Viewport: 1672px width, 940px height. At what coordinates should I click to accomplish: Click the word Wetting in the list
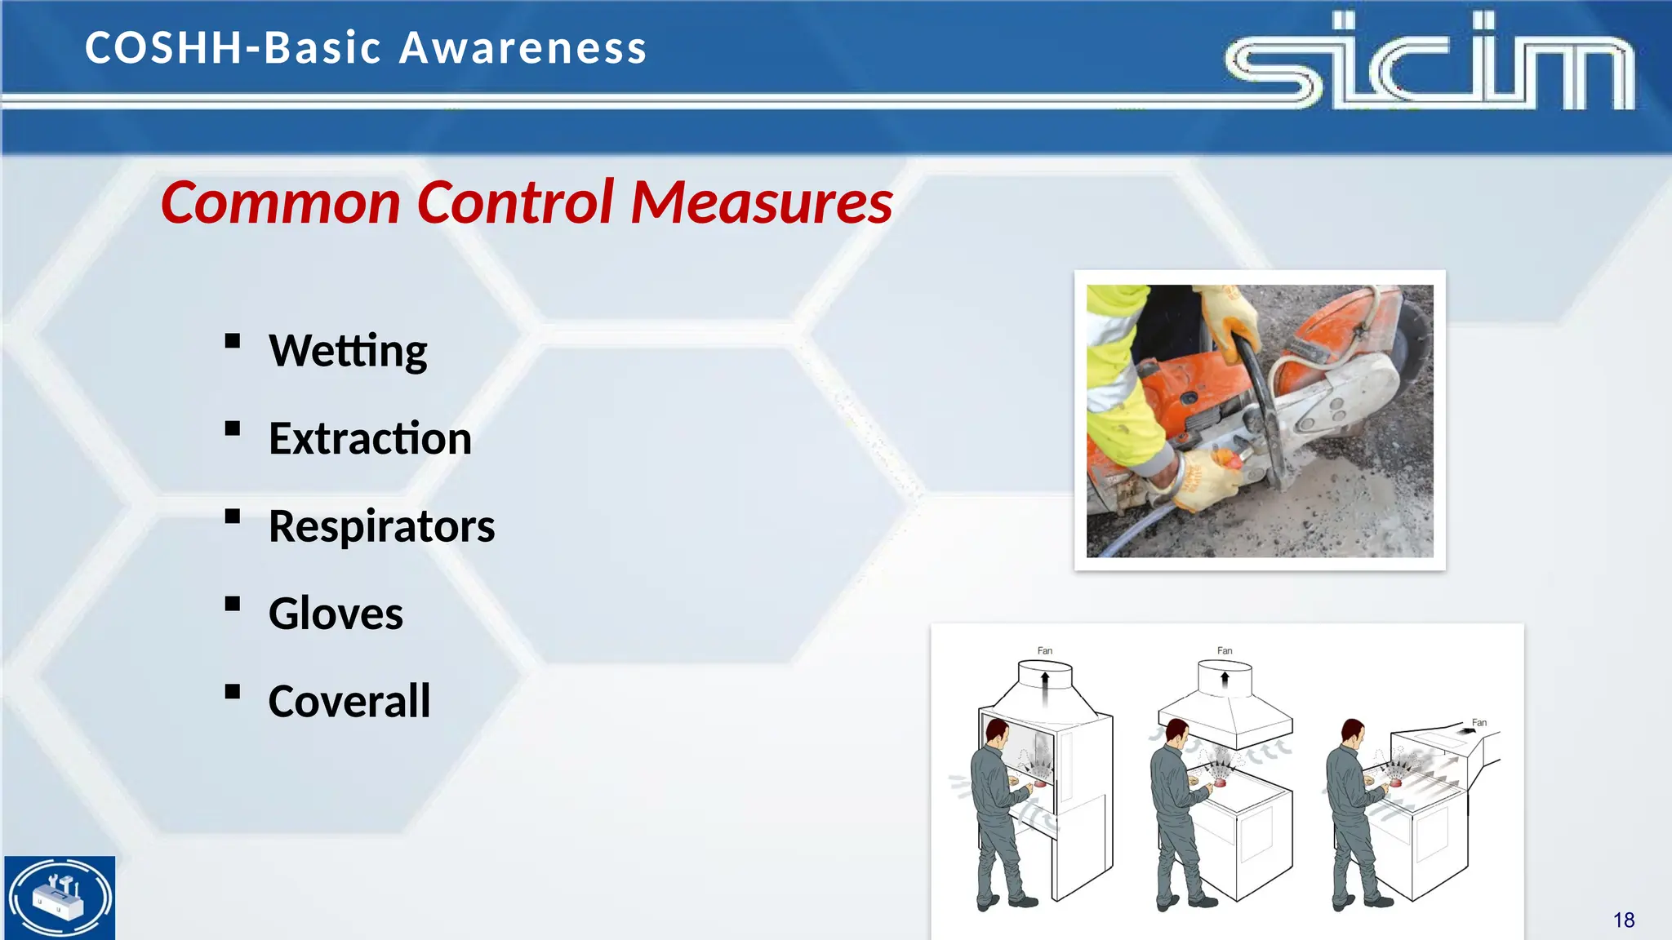[x=348, y=351]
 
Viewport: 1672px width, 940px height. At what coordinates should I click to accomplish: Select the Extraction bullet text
[x=370, y=439]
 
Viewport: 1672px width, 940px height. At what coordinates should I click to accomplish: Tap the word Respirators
[x=381, y=526]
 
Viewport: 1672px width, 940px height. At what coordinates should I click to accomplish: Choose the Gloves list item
[x=336, y=614]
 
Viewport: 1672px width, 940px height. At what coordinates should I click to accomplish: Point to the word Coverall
[x=349, y=701]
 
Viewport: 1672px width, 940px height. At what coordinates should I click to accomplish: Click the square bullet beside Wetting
[x=233, y=341]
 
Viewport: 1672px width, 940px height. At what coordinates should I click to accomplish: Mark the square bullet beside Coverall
[x=233, y=692]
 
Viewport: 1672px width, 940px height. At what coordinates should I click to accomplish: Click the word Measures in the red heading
[x=762, y=202]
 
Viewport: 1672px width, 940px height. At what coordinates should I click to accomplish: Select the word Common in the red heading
[x=280, y=202]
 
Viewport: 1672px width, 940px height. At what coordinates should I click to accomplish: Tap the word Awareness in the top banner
[x=522, y=47]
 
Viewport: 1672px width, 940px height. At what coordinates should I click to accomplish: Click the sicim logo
[x=1429, y=61]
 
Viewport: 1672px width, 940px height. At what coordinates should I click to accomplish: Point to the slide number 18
[x=1623, y=920]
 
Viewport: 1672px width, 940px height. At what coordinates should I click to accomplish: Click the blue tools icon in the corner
[x=60, y=898]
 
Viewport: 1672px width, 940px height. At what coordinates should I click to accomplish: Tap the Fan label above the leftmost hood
[x=1045, y=650]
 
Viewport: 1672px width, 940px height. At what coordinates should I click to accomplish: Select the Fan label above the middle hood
[x=1225, y=650]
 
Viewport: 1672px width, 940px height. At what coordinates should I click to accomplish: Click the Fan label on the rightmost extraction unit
[x=1479, y=723]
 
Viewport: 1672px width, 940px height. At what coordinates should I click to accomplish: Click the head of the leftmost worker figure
[x=996, y=732]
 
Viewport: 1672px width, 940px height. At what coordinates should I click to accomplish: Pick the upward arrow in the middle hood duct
[x=1225, y=680]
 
